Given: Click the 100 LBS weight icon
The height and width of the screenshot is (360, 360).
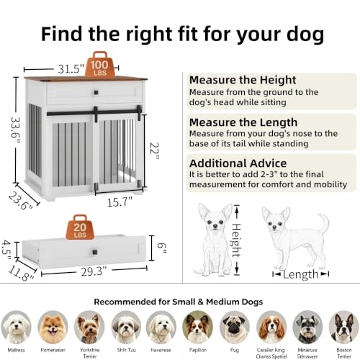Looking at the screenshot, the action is click(x=99, y=65).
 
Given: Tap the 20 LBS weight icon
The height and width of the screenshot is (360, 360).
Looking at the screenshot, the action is click(x=80, y=228).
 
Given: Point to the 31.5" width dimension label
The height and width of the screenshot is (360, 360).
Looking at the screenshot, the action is click(x=71, y=69).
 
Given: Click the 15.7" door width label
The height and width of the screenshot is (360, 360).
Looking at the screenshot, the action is click(x=120, y=202).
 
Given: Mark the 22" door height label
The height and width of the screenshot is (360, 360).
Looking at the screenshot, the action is click(x=154, y=151).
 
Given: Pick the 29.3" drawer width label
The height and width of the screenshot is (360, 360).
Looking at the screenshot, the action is click(x=94, y=271).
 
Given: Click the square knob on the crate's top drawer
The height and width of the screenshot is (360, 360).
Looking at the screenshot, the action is click(x=96, y=92).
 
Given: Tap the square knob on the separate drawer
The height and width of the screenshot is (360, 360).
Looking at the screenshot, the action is click(x=95, y=252).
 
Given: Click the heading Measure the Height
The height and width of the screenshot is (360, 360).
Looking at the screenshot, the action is click(x=243, y=80).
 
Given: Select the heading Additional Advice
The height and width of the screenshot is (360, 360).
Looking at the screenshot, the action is click(x=238, y=163).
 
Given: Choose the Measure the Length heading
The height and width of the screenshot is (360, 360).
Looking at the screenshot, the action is click(x=243, y=122).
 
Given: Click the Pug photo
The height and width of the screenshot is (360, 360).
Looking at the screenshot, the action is click(x=235, y=327).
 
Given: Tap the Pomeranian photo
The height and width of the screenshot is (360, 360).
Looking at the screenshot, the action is click(x=53, y=327).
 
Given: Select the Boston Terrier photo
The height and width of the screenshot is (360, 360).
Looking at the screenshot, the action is click(x=344, y=327).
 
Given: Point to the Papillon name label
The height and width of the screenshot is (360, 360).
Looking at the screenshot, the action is click(x=198, y=350).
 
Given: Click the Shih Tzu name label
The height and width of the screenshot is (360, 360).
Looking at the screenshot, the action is click(x=126, y=350).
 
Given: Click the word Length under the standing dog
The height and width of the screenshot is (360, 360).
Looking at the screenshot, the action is click(x=300, y=274).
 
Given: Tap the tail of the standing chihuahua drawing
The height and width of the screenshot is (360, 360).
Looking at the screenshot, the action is click(x=323, y=225).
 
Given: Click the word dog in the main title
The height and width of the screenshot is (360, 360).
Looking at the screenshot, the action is click(x=305, y=35).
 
